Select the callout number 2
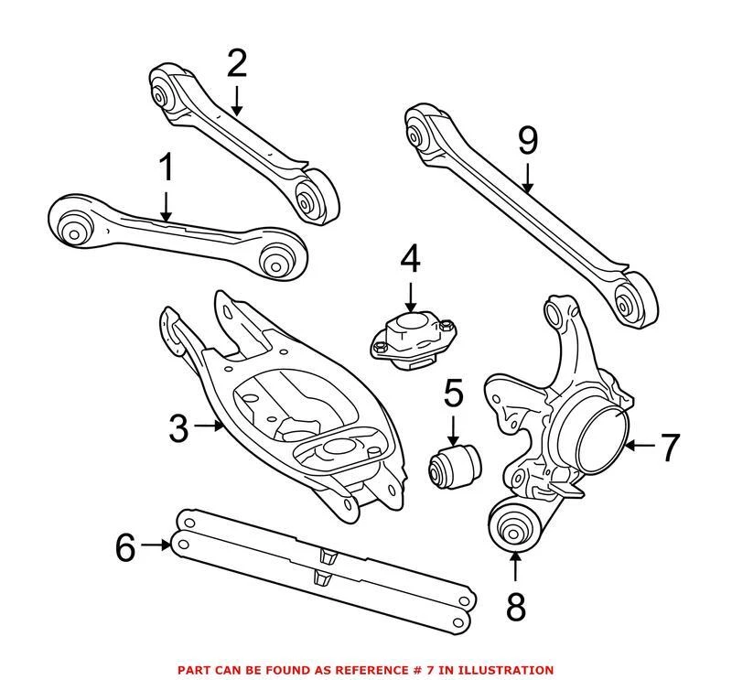coord(236,63)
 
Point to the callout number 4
coord(409,259)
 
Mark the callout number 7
coord(671,448)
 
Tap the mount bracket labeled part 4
coord(412,341)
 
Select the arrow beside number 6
coord(158,545)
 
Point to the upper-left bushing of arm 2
coord(167,94)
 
